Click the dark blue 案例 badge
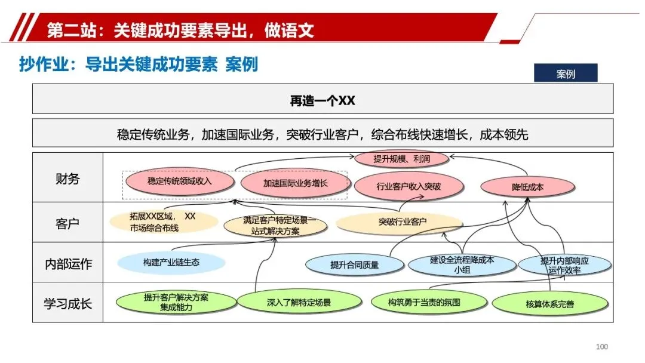point(565,74)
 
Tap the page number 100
point(602,347)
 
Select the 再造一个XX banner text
point(322,100)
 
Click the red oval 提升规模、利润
point(401,159)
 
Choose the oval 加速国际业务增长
point(295,183)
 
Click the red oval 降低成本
point(528,187)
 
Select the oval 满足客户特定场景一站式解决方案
point(275,226)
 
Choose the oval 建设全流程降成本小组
point(462,264)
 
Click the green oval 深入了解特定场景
point(299,303)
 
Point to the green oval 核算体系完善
point(549,304)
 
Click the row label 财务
point(67,179)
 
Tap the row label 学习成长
point(67,303)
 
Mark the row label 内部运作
point(67,264)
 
